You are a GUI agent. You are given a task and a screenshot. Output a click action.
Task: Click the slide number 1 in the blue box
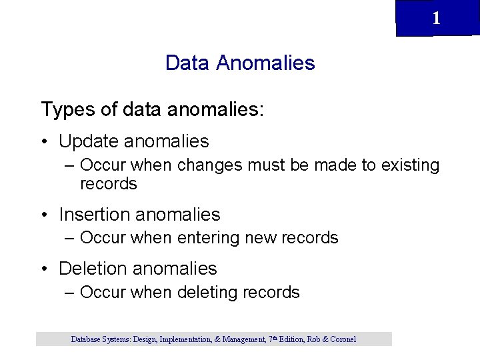[436, 19]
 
